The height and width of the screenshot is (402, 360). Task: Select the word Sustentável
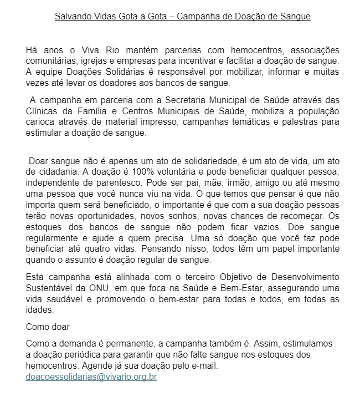(x=49, y=288)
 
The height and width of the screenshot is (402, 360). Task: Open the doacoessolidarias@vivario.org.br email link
(x=91, y=377)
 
